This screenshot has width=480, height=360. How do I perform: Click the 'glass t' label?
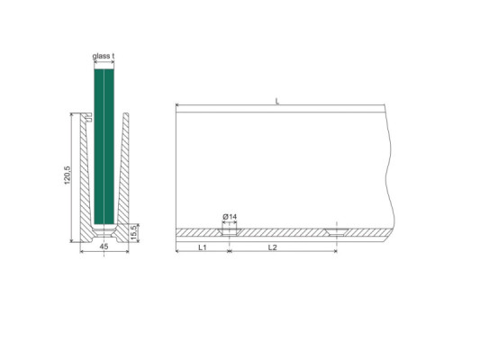tap(104, 57)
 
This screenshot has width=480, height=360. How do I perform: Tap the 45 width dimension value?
tap(104, 246)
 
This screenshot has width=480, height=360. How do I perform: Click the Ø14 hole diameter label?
tap(230, 217)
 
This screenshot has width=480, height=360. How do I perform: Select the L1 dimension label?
tap(202, 246)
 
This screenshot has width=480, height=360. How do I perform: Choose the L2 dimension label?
tap(272, 246)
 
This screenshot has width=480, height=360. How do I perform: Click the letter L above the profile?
tap(276, 102)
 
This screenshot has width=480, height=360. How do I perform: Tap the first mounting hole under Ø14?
tap(230, 231)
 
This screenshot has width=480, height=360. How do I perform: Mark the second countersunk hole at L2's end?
tap(335, 231)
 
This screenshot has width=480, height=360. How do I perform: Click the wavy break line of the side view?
tap(389, 171)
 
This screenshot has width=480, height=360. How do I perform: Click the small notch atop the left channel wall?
tap(88, 117)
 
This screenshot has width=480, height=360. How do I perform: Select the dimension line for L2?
tap(282, 251)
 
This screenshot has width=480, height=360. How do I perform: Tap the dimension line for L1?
tap(202, 251)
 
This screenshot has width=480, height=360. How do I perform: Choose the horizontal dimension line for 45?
tap(104, 251)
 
